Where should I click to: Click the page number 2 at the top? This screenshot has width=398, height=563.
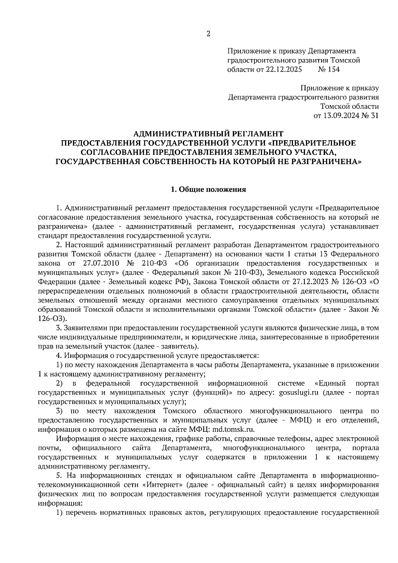click(208, 33)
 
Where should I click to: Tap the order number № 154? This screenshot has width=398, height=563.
click(329, 70)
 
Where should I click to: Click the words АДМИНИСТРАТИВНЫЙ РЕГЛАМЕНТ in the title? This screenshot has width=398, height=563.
click(208, 134)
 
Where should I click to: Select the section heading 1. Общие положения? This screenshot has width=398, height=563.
click(208, 190)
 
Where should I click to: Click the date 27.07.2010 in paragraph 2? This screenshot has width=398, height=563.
click(99, 263)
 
